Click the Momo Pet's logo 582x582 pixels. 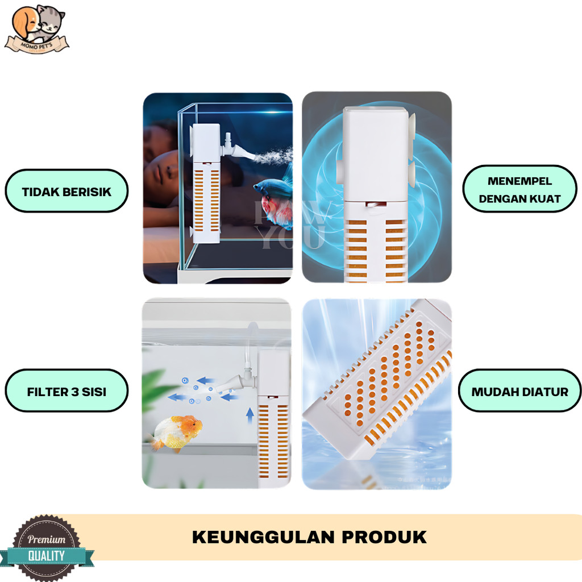point(37,30)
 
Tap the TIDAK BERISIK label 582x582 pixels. point(66,192)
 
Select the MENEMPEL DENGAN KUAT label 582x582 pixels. point(519,190)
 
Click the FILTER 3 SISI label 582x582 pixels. point(66,392)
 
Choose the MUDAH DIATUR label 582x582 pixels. point(519,392)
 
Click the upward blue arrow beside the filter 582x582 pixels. point(250,415)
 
